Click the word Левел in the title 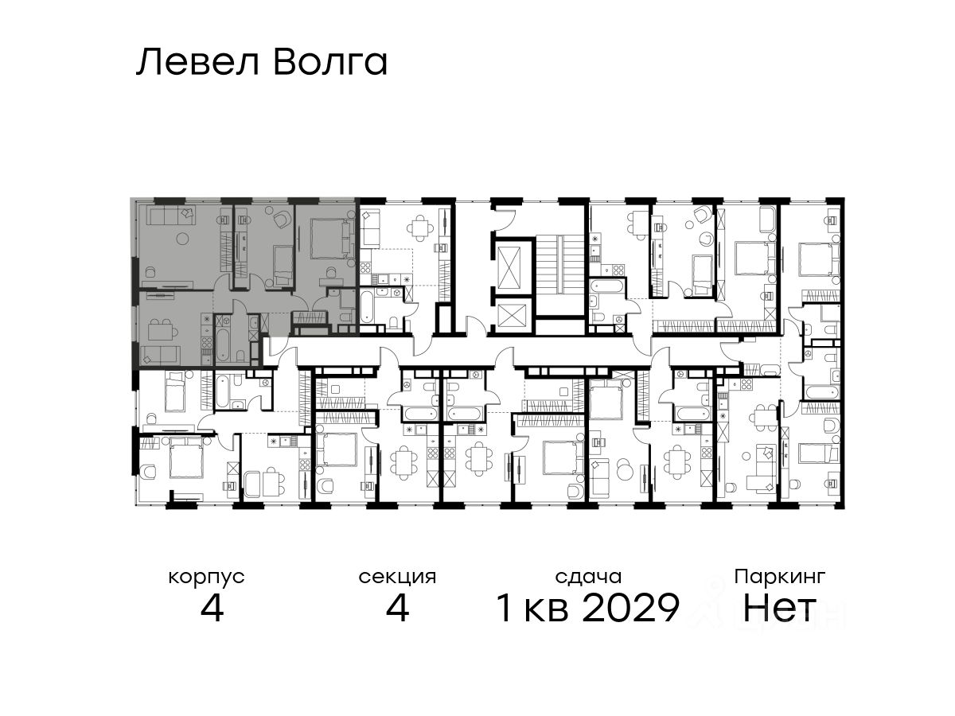click(198, 63)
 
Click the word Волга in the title click(330, 63)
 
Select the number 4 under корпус click(212, 608)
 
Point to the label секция click(397, 578)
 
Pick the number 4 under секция click(397, 608)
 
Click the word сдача click(589, 577)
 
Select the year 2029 click(630, 608)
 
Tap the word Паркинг click(780, 578)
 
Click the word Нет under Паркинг click(779, 608)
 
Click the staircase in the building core click(559, 274)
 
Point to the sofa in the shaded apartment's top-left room click(171, 215)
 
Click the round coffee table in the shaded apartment click(183, 238)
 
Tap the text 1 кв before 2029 click(532, 608)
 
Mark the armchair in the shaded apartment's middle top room click(282, 217)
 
